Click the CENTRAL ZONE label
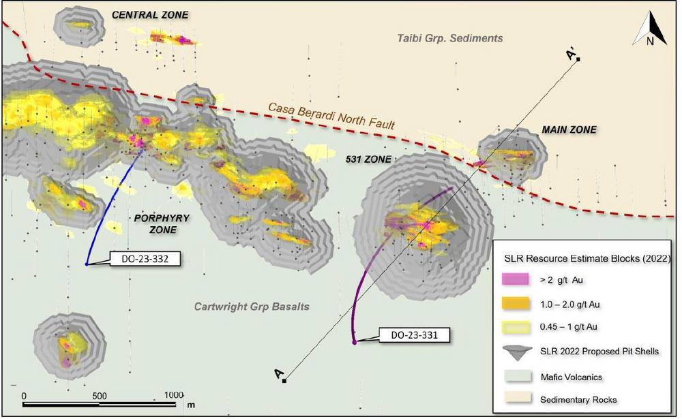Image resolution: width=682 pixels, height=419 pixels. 150,15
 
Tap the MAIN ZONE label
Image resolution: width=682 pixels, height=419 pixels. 569,129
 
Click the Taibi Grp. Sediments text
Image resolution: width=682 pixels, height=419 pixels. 450,38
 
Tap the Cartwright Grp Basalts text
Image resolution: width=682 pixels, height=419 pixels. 252,307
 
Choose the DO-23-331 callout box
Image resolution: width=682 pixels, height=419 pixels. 405,335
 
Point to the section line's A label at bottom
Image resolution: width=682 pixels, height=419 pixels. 278,374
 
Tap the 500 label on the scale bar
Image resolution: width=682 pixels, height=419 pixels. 100,395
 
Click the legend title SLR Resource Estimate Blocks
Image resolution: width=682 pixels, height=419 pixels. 587,258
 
